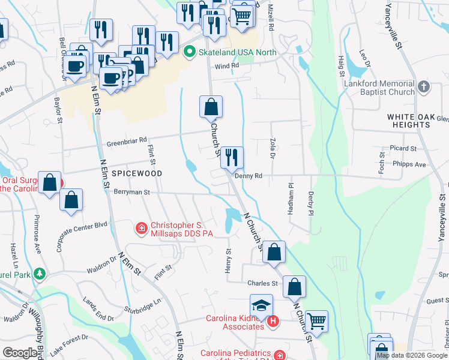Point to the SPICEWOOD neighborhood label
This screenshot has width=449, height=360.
(139, 173)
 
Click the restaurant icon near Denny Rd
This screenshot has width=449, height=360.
(232, 158)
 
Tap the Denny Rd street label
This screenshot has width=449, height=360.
(249, 176)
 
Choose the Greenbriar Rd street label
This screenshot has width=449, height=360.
(127, 141)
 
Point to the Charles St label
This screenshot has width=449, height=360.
(262, 283)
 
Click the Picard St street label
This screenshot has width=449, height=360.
(403, 148)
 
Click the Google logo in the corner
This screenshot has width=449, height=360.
(20, 353)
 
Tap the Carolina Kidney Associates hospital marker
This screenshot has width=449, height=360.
(273, 322)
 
